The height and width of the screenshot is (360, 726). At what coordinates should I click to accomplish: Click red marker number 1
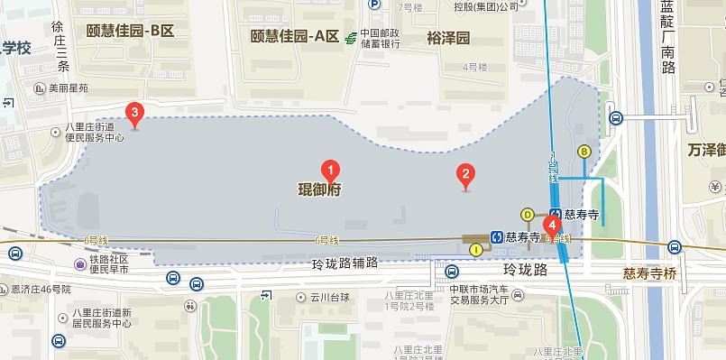pos(331,169)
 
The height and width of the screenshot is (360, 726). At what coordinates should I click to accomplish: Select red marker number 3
pos(135,114)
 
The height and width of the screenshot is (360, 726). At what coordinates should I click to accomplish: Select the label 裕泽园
pos(449,38)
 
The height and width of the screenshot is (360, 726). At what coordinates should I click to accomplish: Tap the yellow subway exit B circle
pos(584,151)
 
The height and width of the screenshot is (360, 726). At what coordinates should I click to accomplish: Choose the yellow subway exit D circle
pos(528,214)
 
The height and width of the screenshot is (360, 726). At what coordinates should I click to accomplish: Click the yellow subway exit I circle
pos(476,250)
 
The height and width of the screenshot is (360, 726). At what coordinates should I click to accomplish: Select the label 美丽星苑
pos(69,88)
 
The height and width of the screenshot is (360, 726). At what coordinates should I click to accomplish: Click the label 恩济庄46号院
pos(41,290)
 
